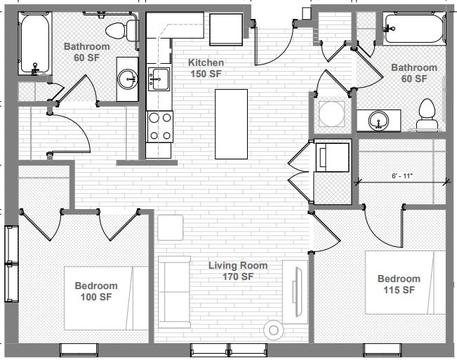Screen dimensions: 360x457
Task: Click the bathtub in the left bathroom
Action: (x=34, y=44)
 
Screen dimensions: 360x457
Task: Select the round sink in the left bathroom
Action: (x=128, y=79)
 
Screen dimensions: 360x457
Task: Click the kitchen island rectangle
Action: (x=231, y=124)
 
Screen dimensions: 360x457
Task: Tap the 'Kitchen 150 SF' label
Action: (x=206, y=69)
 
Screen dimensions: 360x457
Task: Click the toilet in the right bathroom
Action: (x=427, y=116)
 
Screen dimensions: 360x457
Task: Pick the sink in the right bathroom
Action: (x=379, y=120)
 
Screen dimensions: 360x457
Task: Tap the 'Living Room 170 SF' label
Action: (x=238, y=271)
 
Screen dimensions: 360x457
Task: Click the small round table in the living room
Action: (x=273, y=330)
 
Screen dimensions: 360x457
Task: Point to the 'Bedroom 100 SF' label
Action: (x=96, y=291)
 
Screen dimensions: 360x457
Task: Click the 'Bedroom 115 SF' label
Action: (x=398, y=284)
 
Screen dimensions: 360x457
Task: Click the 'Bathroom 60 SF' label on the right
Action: (x=413, y=73)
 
